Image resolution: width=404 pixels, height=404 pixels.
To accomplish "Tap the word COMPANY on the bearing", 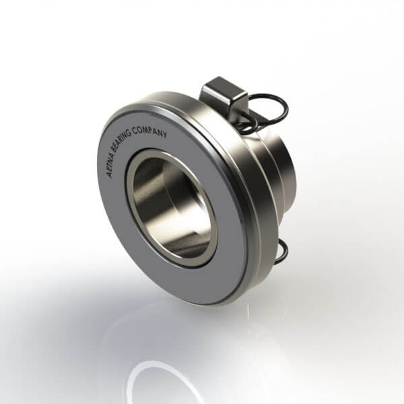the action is tap(150, 131).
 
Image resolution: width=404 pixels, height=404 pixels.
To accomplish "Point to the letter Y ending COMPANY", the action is tap(164, 135).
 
